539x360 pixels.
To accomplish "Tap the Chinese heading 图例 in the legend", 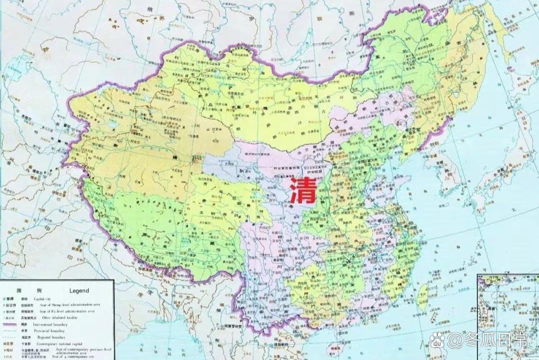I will (x=25, y=290).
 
